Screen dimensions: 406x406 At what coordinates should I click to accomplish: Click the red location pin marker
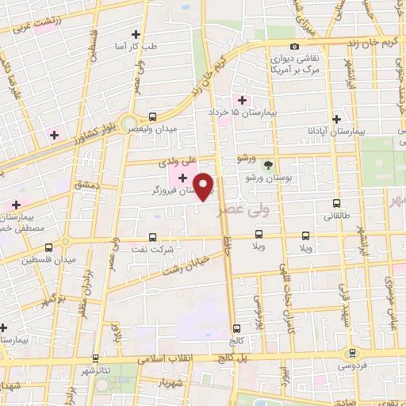(x=205, y=186)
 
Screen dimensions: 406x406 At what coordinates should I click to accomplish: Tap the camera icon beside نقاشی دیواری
(x=294, y=47)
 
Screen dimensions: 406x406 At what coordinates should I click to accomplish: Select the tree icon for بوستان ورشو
(x=267, y=165)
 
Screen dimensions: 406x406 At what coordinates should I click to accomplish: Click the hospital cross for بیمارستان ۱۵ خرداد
(x=243, y=101)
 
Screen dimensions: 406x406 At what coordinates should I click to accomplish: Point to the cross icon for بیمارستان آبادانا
(x=337, y=117)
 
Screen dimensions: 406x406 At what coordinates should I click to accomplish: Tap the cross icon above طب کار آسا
(x=136, y=34)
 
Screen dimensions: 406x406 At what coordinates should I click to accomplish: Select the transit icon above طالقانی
(x=337, y=204)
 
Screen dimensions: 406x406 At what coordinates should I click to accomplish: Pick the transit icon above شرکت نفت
(x=153, y=237)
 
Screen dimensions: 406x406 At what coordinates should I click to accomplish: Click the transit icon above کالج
(x=237, y=328)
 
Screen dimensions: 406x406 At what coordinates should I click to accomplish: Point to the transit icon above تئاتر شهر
(x=95, y=358)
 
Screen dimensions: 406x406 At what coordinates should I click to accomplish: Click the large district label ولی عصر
(x=258, y=208)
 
